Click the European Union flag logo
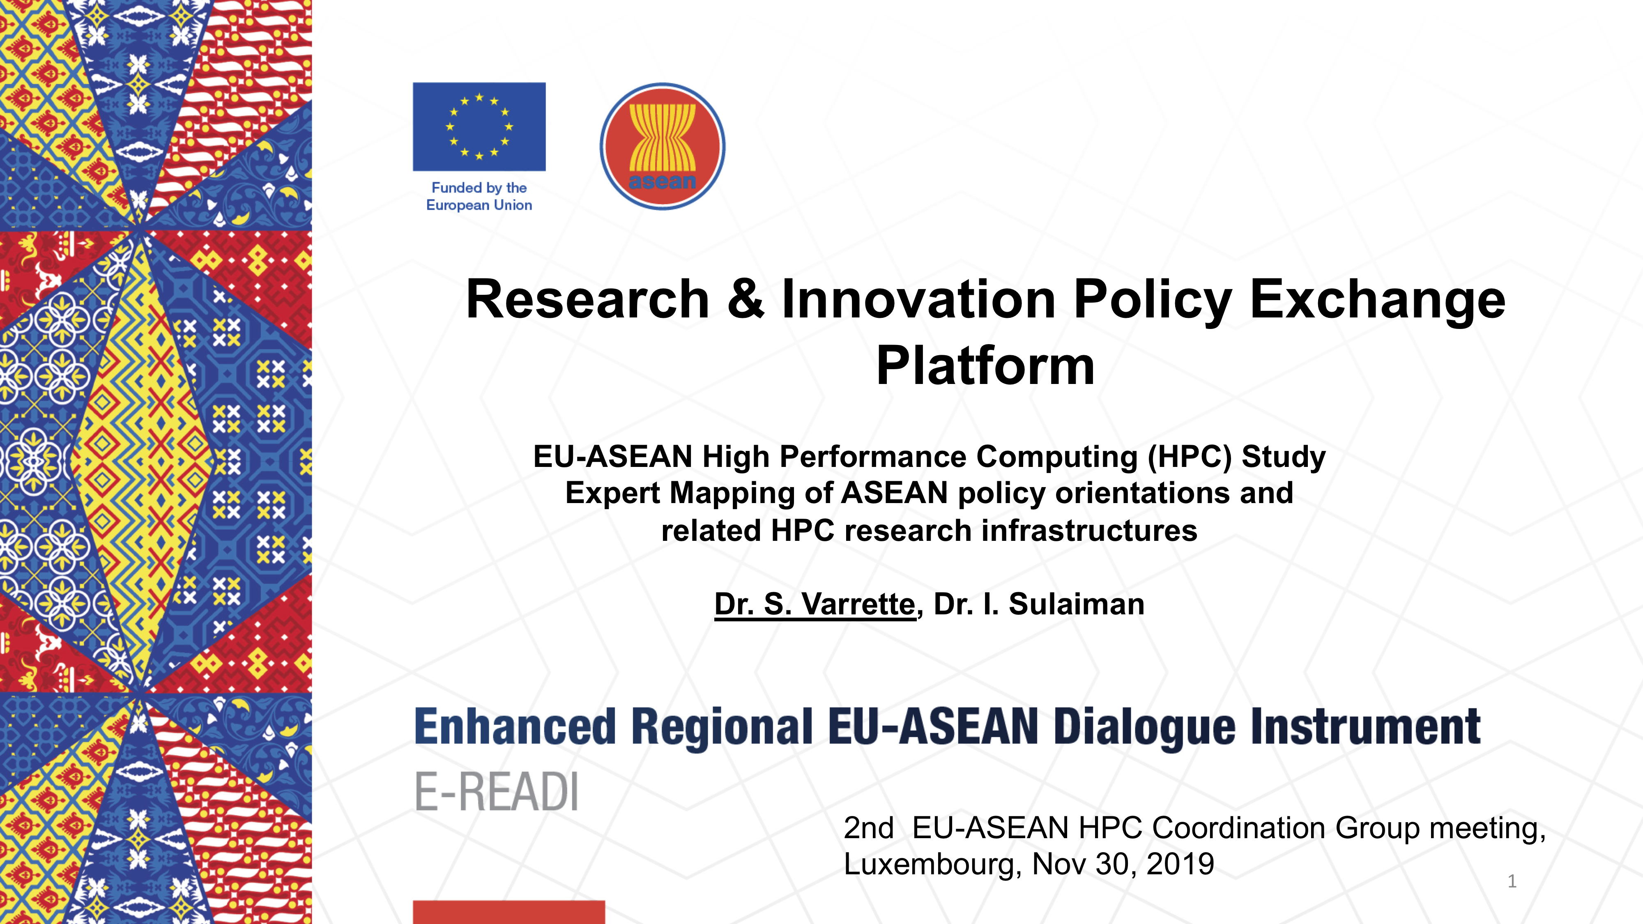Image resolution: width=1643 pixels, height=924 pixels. [479, 126]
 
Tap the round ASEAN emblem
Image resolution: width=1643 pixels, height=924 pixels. [663, 146]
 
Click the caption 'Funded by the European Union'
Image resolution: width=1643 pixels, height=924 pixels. [479, 196]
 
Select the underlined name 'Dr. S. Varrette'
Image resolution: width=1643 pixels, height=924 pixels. [815, 604]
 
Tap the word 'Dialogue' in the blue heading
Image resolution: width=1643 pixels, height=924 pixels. [1144, 728]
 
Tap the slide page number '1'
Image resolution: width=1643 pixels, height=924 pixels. [1512, 881]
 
